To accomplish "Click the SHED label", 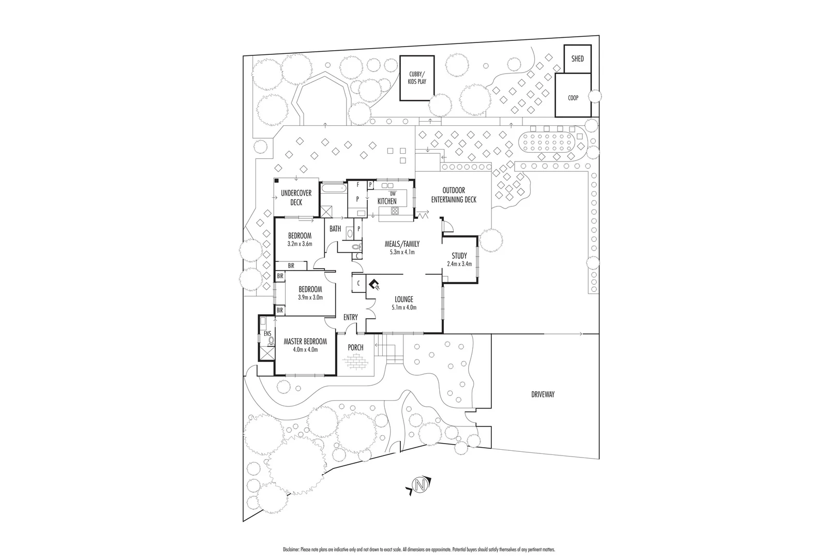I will click(x=577, y=58).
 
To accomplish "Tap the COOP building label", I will click(x=573, y=97).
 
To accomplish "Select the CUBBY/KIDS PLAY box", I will click(x=417, y=78).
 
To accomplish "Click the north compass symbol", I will click(x=420, y=486).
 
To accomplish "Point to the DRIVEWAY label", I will click(x=542, y=394).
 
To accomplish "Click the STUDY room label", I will click(x=459, y=256).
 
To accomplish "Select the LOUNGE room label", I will click(x=403, y=299).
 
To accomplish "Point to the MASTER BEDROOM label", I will click(x=305, y=342).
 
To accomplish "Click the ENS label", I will click(x=267, y=334).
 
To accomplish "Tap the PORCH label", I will click(x=355, y=347).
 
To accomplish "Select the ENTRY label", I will click(x=350, y=317).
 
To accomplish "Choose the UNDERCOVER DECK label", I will click(x=296, y=198).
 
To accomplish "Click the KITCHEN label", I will click(x=387, y=201).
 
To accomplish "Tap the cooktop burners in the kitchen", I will click(x=395, y=210).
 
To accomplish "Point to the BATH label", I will click(x=335, y=229).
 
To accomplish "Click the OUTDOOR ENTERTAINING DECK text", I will click(x=454, y=195).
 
